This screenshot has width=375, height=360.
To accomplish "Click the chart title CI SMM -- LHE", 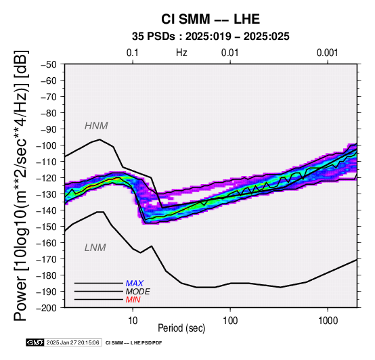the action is tap(211, 19).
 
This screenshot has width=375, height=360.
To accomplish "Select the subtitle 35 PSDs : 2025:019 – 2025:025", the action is tap(211, 37).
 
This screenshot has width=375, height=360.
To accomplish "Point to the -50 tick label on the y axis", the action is tap(49, 64).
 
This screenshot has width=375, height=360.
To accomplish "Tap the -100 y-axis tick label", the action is tap(47, 145).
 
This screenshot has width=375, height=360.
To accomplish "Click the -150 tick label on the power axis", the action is tap(47, 227).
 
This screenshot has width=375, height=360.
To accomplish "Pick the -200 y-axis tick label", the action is tap(47, 308).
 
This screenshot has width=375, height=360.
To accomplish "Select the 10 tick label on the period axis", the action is tap(133, 321).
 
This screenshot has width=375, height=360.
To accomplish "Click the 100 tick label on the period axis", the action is tap(230, 321).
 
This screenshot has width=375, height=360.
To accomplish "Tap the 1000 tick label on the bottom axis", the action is tap(328, 321).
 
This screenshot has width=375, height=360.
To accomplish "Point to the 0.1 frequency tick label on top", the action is tap(133, 53).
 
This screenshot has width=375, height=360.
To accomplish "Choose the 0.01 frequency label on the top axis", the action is tap(230, 53).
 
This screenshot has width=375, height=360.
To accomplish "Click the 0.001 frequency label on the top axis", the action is tap(327, 53).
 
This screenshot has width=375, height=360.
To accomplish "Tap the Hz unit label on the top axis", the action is tap(181, 53).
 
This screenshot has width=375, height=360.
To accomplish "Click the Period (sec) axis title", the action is tap(181, 328).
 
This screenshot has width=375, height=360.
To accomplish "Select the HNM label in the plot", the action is tap(96, 126).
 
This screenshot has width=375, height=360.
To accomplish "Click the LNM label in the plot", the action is tap(95, 248).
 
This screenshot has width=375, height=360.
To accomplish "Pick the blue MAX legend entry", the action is tap(134, 284).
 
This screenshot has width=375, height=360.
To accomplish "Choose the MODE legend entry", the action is tap(138, 292).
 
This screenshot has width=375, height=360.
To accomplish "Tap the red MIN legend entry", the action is tap(133, 300).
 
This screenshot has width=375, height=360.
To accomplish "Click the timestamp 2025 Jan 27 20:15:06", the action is tap(72, 342).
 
